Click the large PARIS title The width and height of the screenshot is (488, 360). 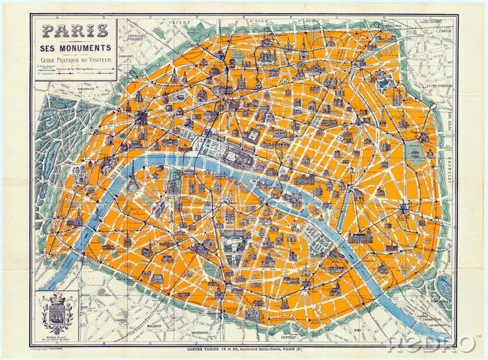(75, 31)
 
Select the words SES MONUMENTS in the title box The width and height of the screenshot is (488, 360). (75, 47)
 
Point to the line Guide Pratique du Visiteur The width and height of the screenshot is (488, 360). (75, 59)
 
